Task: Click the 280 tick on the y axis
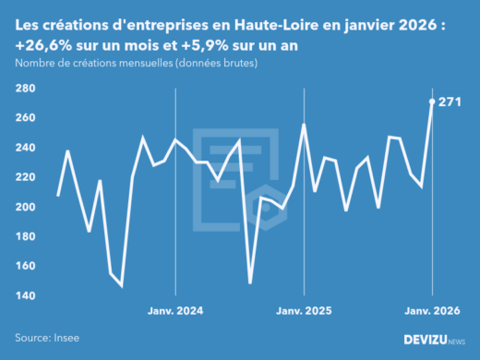[x=26, y=89]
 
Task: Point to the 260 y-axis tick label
[x=26, y=118]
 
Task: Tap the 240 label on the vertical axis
[x=26, y=148]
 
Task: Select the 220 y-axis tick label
[x=26, y=177]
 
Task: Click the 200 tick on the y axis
[x=26, y=207]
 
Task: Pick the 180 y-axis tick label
[x=26, y=236]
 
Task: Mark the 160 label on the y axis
[x=26, y=266]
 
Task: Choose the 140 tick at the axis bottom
[x=26, y=295]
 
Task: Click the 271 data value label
[x=451, y=102]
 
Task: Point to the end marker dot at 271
[x=433, y=102]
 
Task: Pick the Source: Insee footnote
[x=47, y=338]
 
